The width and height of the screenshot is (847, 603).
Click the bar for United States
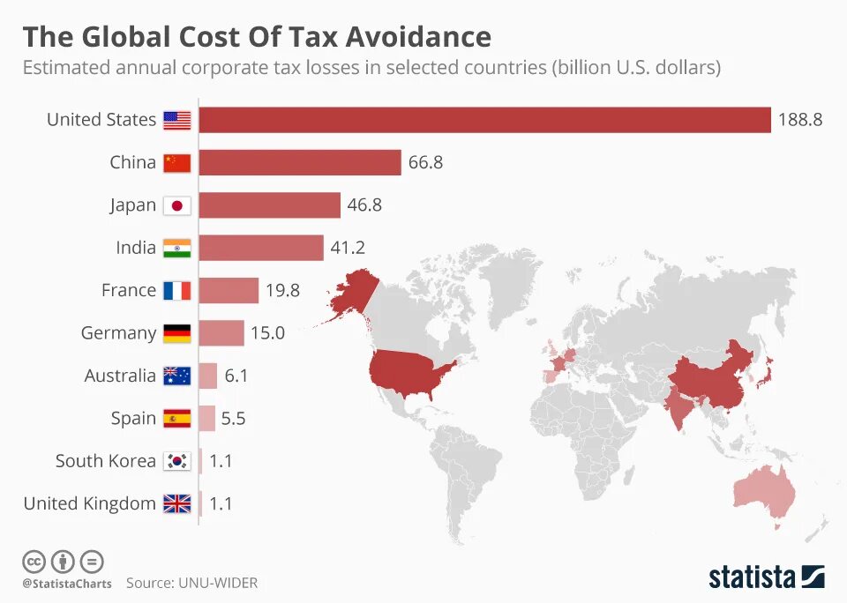(484, 120)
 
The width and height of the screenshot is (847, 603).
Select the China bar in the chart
(300, 162)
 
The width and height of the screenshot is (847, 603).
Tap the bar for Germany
(221, 333)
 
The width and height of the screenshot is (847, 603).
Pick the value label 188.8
(799, 120)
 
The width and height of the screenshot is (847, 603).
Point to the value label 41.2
(348, 248)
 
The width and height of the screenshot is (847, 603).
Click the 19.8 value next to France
(283, 291)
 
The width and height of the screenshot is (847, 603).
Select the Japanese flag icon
(177, 205)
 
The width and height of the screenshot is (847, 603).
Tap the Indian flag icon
(177, 248)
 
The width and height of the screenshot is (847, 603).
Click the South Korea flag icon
(177, 461)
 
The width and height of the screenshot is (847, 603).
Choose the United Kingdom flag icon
(177, 503)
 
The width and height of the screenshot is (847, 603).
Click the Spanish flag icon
(177, 419)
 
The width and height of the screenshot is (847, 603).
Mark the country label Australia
(120, 376)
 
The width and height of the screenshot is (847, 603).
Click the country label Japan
(132, 205)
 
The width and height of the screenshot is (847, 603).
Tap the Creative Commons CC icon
(34, 561)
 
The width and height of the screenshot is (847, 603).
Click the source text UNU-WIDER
(219, 583)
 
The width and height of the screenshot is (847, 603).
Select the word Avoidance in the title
(418, 37)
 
